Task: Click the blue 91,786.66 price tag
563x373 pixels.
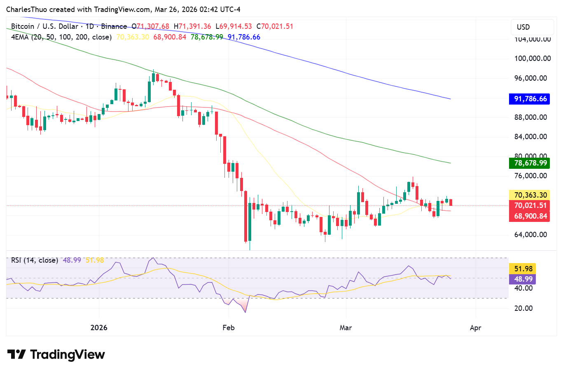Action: pos(530,99)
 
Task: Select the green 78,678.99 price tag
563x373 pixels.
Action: pos(530,163)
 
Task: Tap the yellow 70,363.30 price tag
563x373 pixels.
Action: pos(530,195)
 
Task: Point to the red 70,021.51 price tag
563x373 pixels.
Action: pos(530,205)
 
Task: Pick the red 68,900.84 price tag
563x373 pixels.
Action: pos(530,216)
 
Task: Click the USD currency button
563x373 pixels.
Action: pos(523,27)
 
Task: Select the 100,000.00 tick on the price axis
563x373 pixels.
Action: pos(533,58)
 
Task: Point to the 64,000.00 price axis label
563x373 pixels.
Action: pos(530,235)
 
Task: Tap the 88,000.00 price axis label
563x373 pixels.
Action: pos(530,117)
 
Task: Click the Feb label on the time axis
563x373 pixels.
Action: pos(228,328)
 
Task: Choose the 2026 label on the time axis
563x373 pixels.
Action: pos(99,328)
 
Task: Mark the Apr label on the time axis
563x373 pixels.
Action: pos(476,328)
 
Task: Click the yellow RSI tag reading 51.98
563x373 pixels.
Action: pos(523,269)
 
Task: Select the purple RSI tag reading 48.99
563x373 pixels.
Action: pos(523,279)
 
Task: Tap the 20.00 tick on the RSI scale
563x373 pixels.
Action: pos(523,308)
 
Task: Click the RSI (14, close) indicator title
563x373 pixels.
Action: pos(35,260)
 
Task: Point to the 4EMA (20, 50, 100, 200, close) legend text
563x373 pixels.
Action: pos(61,37)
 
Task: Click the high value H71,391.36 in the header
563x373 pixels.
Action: pos(192,26)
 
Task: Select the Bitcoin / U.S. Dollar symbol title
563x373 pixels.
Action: pos(44,26)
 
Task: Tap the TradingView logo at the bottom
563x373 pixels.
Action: pos(56,354)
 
